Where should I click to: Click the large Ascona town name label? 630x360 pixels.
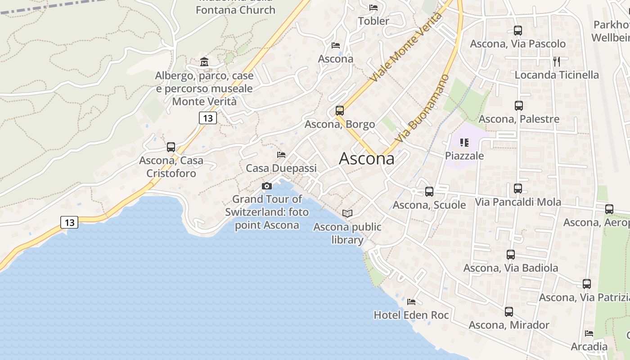(x=366, y=158)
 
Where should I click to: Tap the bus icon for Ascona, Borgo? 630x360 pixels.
(x=340, y=110)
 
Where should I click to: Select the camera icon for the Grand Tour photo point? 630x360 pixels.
(x=267, y=186)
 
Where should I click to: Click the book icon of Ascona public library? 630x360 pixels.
(x=347, y=213)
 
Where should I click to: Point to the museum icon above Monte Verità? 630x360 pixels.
(x=204, y=62)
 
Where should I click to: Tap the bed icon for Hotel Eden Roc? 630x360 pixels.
(x=411, y=301)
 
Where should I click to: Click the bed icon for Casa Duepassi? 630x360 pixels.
(x=281, y=155)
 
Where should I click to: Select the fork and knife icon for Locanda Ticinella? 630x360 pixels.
(x=557, y=61)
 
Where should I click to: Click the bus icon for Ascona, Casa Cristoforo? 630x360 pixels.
(x=171, y=147)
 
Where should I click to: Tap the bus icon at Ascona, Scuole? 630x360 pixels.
(x=429, y=192)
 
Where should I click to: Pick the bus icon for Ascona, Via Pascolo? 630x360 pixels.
(x=518, y=31)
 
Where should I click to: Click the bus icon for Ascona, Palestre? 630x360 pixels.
(x=519, y=106)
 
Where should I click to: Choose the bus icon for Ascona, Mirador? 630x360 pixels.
(x=509, y=311)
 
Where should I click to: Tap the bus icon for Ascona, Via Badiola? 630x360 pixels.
(x=511, y=255)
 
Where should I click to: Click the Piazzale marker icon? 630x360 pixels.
(x=464, y=143)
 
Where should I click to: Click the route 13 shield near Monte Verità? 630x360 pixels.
(x=207, y=118)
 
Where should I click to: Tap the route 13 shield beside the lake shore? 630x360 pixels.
(x=69, y=222)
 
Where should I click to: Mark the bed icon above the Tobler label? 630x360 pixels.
(x=373, y=7)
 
